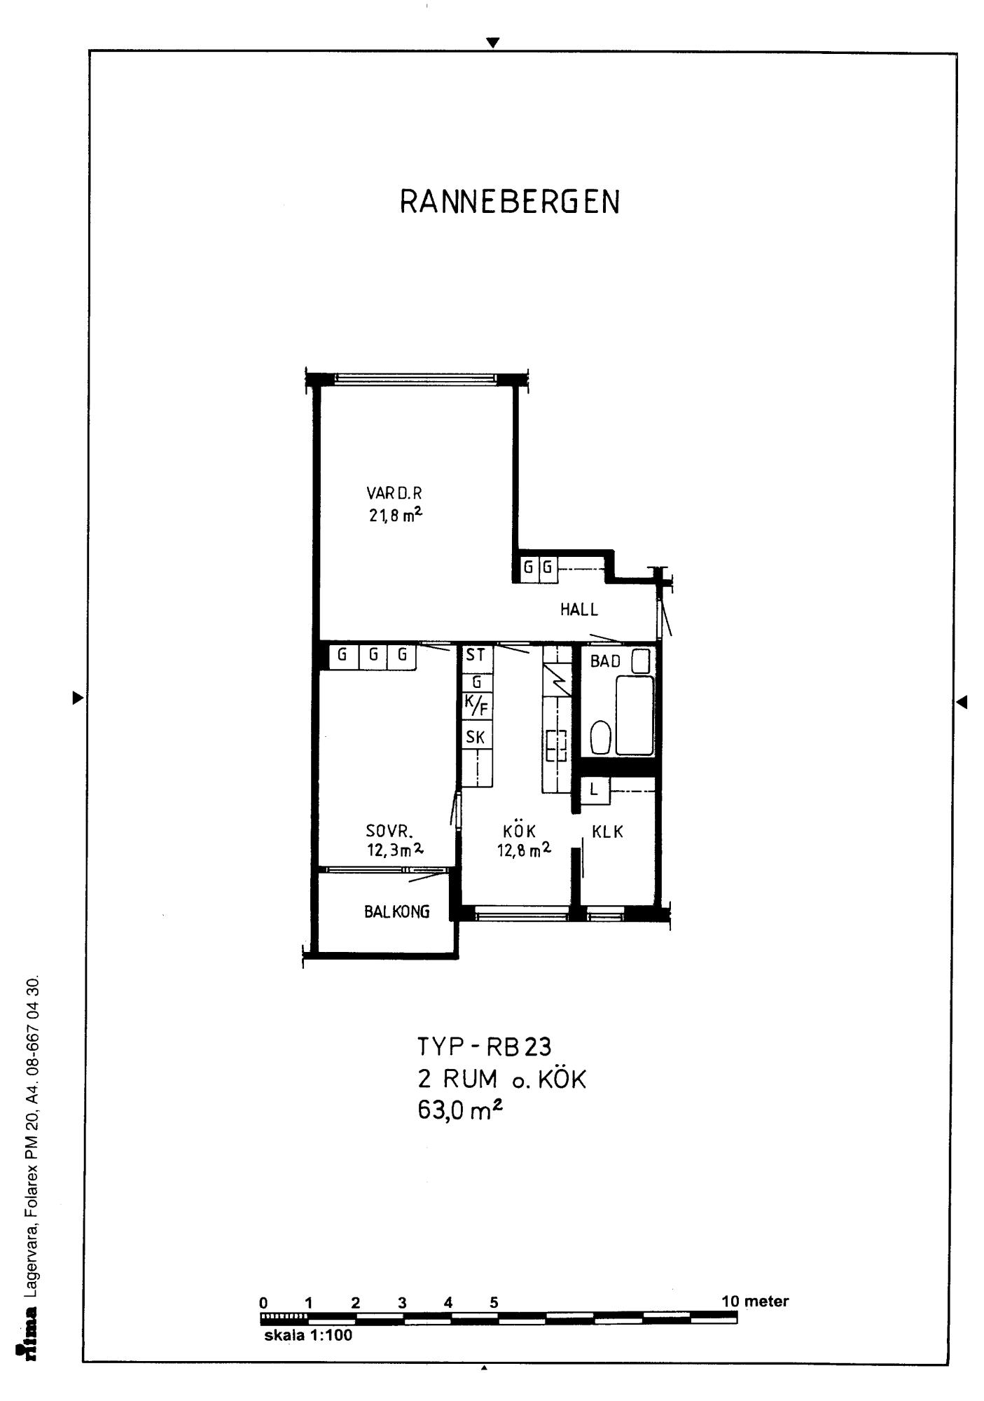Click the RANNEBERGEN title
click(x=510, y=202)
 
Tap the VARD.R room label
click(x=394, y=493)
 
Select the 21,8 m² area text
click(x=396, y=515)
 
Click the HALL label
click(x=579, y=609)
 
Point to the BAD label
click(x=605, y=661)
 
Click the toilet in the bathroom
click(x=601, y=737)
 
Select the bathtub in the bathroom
click(x=635, y=715)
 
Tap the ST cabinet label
click(x=476, y=655)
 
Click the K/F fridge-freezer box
click(x=477, y=706)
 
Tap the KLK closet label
click(x=607, y=832)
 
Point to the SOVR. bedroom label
click(x=389, y=831)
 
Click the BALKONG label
click(x=396, y=911)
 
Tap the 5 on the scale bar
click(x=494, y=1302)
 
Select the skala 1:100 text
click(x=308, y=1334)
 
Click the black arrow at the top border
click(x=493, y=43)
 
